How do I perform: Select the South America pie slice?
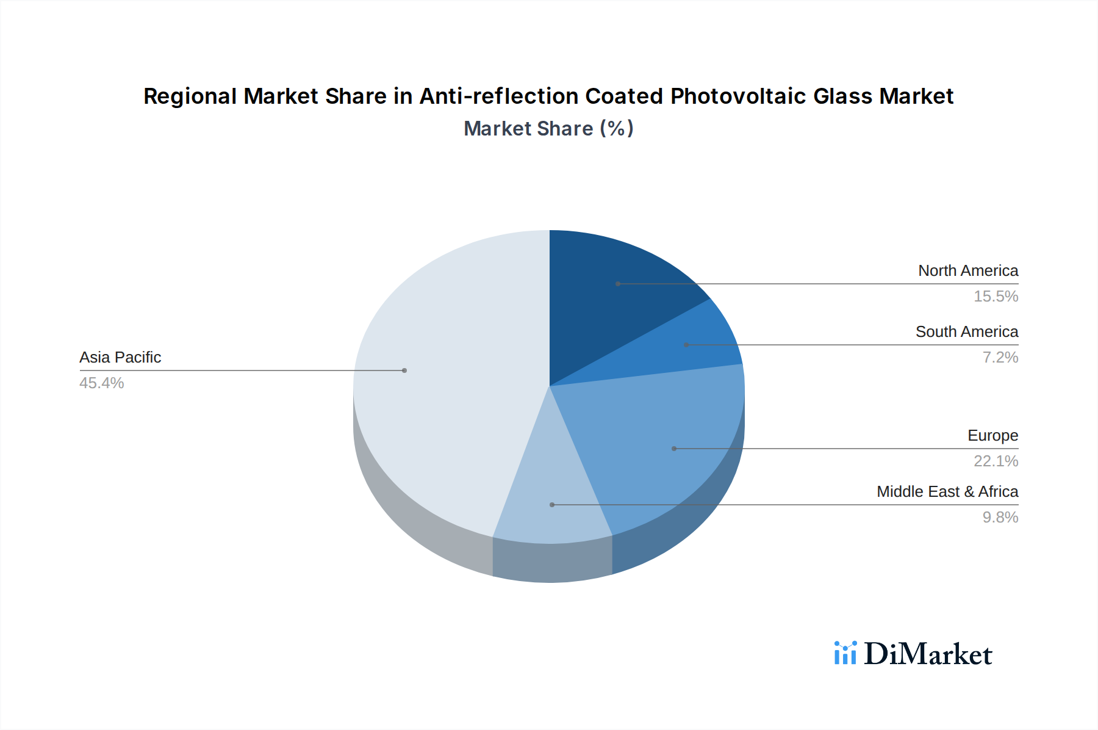click(x=689, y=348)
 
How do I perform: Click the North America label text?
click(x=967, y=270)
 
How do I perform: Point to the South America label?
click(x=966, y=331)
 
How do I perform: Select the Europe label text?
click(x=992, y=435)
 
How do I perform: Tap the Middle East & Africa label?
click(x=947, y=491)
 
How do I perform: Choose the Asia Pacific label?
click(x=120, y=357)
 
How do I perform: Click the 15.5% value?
click(x=996, y=296)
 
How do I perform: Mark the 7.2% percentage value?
click(x=1000, y=357)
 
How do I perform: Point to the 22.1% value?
click(x=996, y=461)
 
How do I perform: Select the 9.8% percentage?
click(x=1000, y=517)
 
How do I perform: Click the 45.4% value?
click(x=102, y=383)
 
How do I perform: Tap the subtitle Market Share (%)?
click(x=548, y=128)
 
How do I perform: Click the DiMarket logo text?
click(x=928, y=654)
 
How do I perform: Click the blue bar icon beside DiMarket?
click(x=845, y=653)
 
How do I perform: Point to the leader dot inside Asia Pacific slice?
click(x=404, y=370)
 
